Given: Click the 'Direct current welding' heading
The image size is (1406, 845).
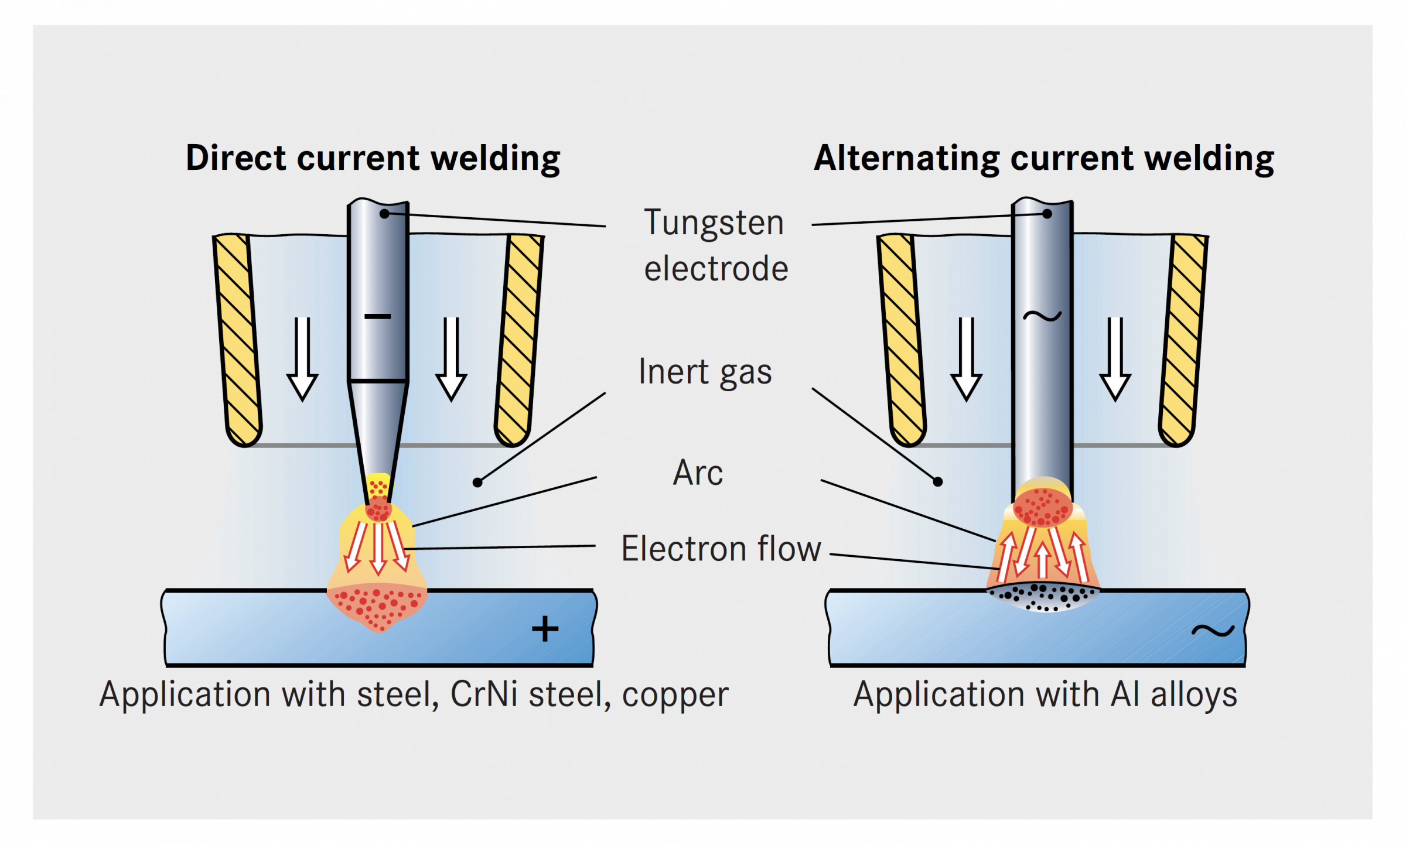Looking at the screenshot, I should (x=373, y=158).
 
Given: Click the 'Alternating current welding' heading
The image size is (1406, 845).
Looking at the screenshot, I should (x=1043, y=158).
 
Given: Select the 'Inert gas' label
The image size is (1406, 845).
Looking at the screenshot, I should (x=705, y=372).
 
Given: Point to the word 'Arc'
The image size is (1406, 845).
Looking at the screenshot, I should (x=698, y=473).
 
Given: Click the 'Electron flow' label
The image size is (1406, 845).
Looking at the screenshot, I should (x=721, y=549).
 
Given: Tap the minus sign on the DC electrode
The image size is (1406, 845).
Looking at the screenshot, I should (x=378, y=317).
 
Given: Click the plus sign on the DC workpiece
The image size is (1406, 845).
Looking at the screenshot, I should (x=545, y=629).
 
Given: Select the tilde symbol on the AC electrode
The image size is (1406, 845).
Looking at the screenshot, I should (x=1042, y=316).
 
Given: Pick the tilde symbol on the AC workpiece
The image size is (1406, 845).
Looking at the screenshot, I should (x=1213, y=631).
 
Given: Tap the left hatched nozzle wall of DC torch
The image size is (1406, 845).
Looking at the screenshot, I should (x=237, y=340).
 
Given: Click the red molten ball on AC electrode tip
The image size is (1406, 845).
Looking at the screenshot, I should (x=1043, y=507).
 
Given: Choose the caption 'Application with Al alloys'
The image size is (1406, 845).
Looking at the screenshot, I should (x=1045, y=695).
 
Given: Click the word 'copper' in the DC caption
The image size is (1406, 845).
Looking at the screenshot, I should (x=675, y=695).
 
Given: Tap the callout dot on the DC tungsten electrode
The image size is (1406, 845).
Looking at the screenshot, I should (x=384, y=214).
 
